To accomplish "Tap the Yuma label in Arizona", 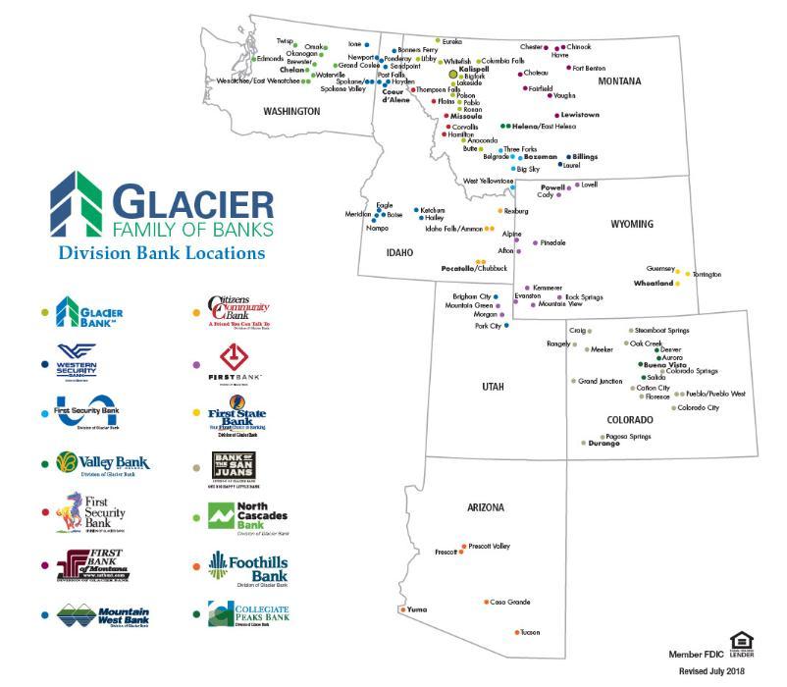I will click(x=418, y=609).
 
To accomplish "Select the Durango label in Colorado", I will click(x=603, y=444).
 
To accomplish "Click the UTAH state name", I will click(x=493, y=387).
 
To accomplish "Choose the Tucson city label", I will click(x=530, y=632).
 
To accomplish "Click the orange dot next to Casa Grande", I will click(x=486, y=602).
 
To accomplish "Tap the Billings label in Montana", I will click(x=585, y=156).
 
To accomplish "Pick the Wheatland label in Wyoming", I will click(x=654, y=283).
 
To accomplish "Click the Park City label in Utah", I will click(x=489, y=325).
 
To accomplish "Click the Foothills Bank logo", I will click(x=249, y=568).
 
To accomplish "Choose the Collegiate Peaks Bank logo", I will click(x=249, y=615).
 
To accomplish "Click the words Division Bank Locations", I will click(x=162, y=253).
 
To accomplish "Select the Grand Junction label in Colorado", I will click(x=601, y=381).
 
